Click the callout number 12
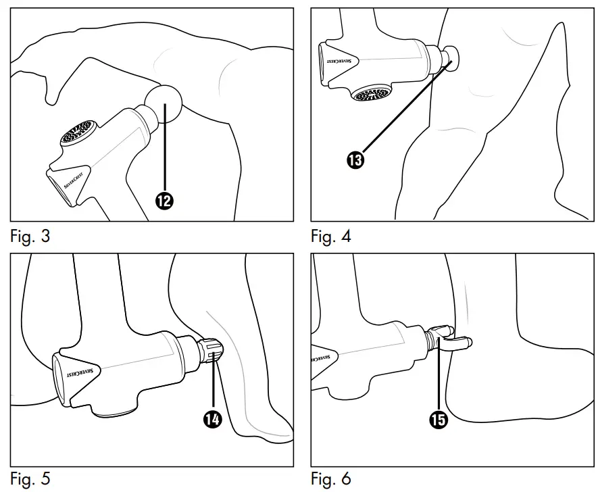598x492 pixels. (x=164, y=200)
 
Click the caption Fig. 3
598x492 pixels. (x=30, y=237)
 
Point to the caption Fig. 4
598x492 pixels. (x=330, y=237)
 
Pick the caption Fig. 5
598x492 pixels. (x=30, y=479)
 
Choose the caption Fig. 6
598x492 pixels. (x=330, y=479)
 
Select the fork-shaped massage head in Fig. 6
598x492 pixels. (x=448, y=338)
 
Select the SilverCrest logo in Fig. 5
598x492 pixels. (x=82, y=372)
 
